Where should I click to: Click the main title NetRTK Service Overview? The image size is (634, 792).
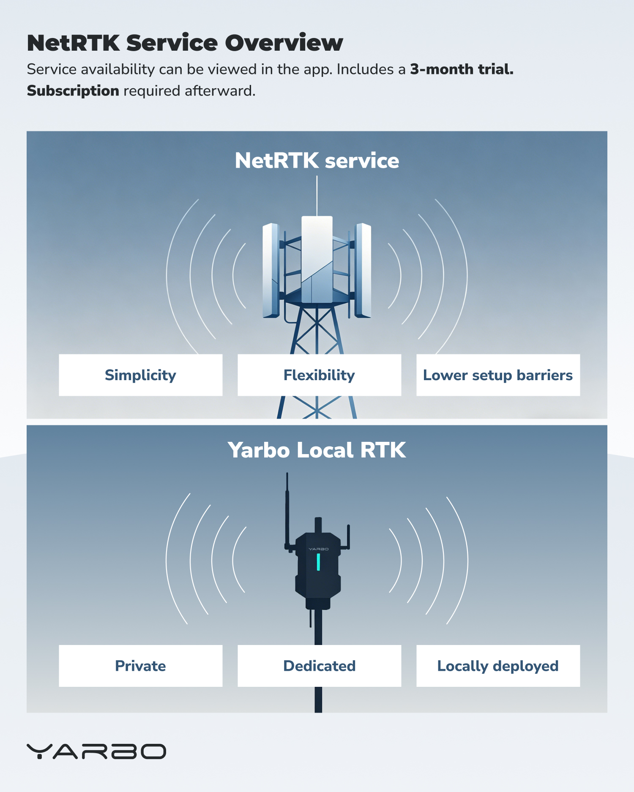(185, 43)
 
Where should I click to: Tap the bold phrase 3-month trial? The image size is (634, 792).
(462, 69)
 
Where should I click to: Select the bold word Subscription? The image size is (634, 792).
(73, 91)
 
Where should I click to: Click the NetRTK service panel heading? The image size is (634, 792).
(317, 161)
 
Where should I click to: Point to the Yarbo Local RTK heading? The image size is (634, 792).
(317, 450)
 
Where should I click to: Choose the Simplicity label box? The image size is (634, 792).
(140, 375)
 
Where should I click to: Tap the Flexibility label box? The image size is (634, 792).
(319, 375)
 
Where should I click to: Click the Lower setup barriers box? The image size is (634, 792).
(498, 375)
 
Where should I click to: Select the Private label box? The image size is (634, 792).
(140, 666)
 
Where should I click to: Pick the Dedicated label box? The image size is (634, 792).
(319, 666)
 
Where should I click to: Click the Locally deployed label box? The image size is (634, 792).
(498, 666)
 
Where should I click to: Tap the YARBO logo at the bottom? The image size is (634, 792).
(96, 751)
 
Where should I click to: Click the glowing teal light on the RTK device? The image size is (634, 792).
(318, 562)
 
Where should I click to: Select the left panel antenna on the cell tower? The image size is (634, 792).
(271, 270)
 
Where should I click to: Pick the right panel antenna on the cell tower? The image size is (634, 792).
(363, 270)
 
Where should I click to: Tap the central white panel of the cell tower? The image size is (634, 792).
(317, 259)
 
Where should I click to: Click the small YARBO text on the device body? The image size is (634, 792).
(318, 549)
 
